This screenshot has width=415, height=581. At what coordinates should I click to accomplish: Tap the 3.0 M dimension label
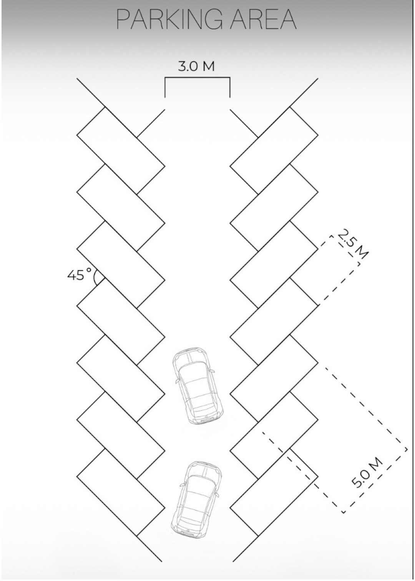tap(196, 66)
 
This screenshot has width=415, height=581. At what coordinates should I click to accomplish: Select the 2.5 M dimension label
tap(352, 245)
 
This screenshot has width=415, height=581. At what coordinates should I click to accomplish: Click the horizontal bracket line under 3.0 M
tap(198, 77)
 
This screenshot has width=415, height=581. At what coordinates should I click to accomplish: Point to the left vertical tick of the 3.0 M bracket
tap(165, 87)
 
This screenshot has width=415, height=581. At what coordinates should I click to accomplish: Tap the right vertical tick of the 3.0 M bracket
tap(230, 87)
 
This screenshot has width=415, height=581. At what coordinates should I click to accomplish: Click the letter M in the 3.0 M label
tap(209, 66)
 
